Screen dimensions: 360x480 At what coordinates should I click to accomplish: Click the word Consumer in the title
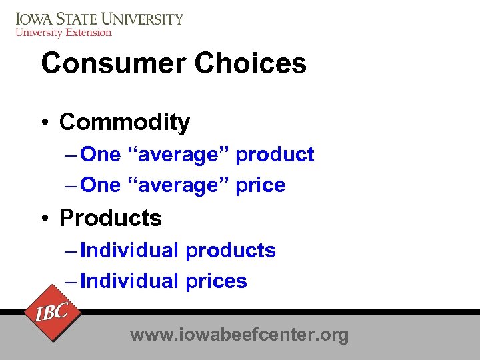[112, 63]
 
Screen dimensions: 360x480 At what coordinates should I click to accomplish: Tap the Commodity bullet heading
[125, 122]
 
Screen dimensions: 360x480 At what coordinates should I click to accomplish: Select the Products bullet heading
[111, 218]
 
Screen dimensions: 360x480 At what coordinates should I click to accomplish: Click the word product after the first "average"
[275, 155]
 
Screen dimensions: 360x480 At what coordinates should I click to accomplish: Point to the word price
[261, 185]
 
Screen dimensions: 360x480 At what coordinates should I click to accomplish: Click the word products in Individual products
[231, 251]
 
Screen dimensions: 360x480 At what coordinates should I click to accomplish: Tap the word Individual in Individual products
[129, 251]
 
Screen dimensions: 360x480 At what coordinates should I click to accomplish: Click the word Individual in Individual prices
[129, 281]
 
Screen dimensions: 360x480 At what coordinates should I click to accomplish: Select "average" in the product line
[178, 155]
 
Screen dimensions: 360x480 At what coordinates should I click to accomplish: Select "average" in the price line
[178, 185]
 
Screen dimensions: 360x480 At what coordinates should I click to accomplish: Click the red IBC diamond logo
[51, 312]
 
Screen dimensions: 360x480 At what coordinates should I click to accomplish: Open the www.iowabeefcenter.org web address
[239, 334]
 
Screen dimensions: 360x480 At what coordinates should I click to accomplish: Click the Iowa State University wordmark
[99, 18]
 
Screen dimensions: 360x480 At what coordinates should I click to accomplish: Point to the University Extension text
[63, 32]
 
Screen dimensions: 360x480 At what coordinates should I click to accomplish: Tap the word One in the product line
[100, 155]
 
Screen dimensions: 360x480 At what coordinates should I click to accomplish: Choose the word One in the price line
[100, 185]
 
